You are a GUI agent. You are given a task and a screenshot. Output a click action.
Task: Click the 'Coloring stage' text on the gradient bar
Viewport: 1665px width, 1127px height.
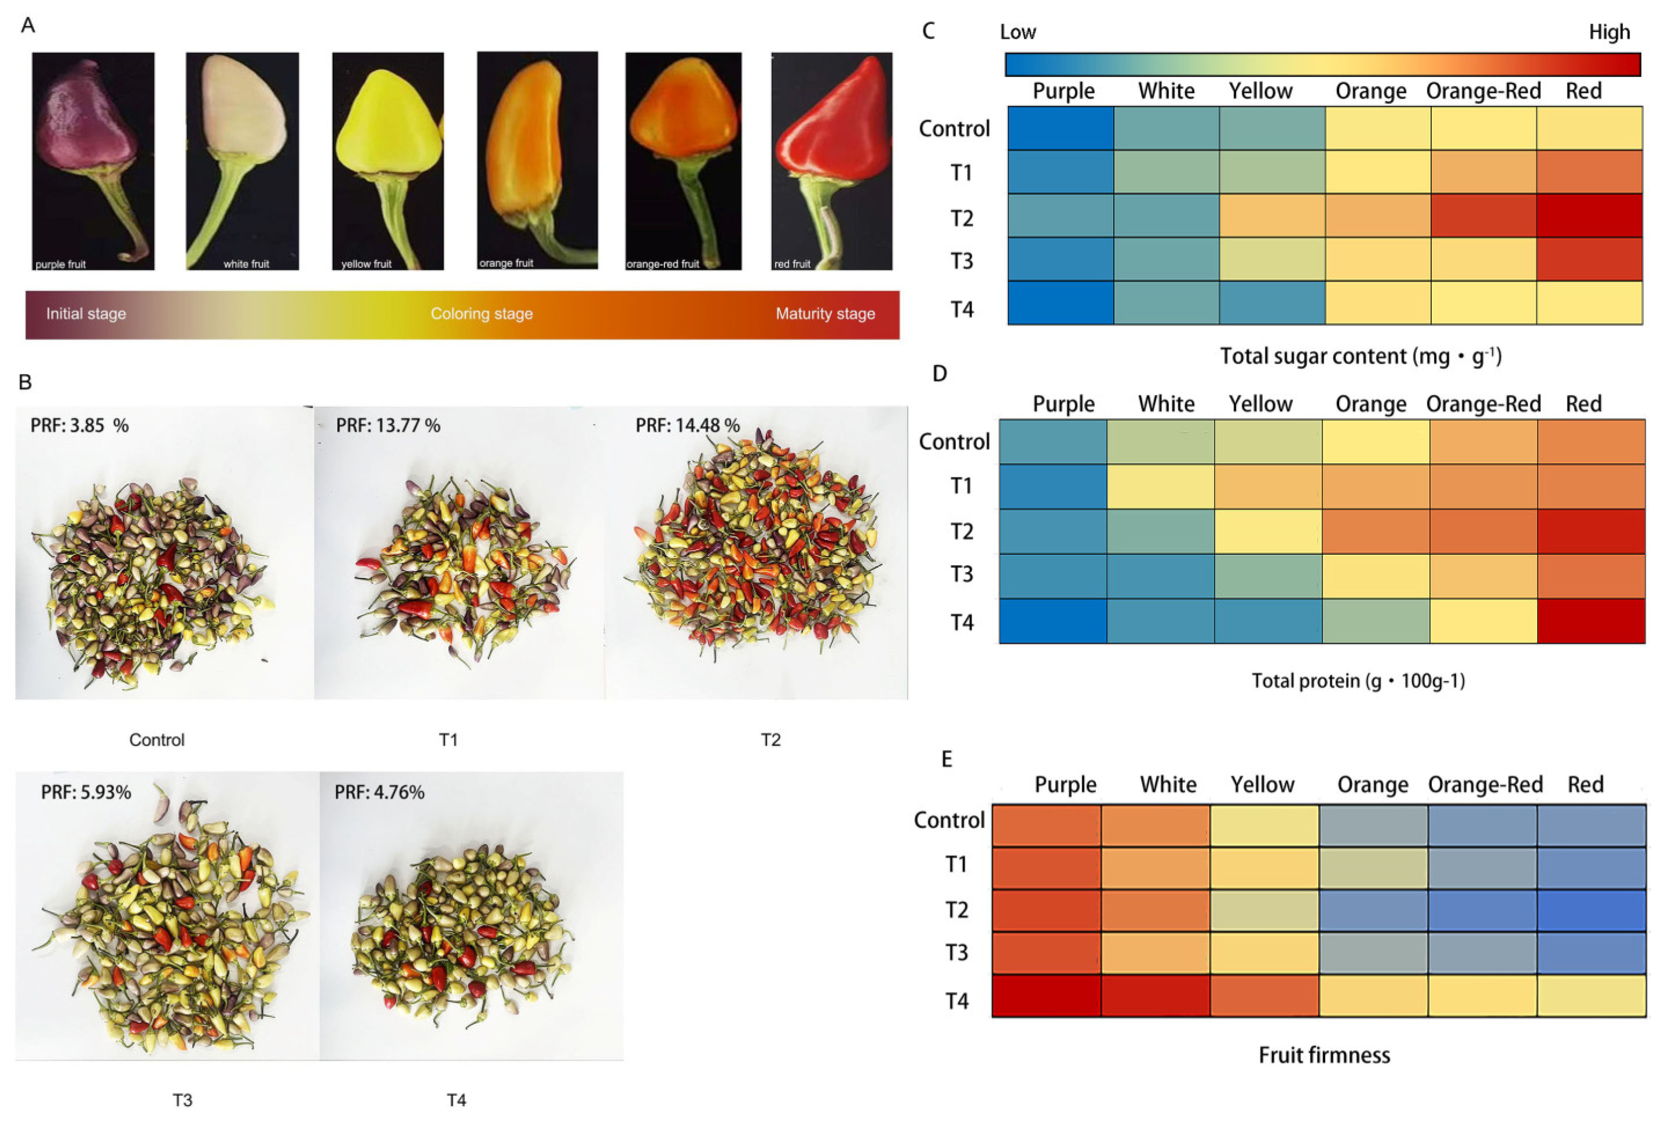point(482,313)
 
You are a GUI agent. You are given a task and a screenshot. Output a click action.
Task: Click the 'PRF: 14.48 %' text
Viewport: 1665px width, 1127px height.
point(687,425)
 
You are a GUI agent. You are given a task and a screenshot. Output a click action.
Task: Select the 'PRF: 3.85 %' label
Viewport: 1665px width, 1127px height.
point(79,425)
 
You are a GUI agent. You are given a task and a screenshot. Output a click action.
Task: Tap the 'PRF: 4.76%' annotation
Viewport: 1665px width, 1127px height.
point(379,792)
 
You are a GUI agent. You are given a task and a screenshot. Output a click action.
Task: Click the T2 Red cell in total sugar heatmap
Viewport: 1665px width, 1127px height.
point(1589,215)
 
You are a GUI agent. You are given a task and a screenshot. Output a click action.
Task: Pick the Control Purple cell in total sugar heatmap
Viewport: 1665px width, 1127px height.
point(1061,127)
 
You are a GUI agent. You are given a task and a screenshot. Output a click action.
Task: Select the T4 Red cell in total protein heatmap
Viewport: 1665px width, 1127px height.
point(1590,621)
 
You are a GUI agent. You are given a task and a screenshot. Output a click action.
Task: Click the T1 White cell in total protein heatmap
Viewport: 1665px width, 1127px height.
point(1160,486)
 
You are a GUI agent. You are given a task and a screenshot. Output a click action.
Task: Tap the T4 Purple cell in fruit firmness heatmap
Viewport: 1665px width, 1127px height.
point(1046,995)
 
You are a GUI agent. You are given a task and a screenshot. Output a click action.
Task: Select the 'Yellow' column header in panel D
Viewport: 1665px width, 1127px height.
point(1260,404)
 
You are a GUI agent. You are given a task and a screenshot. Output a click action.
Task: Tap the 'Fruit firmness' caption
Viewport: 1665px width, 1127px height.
point(1324,1055)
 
